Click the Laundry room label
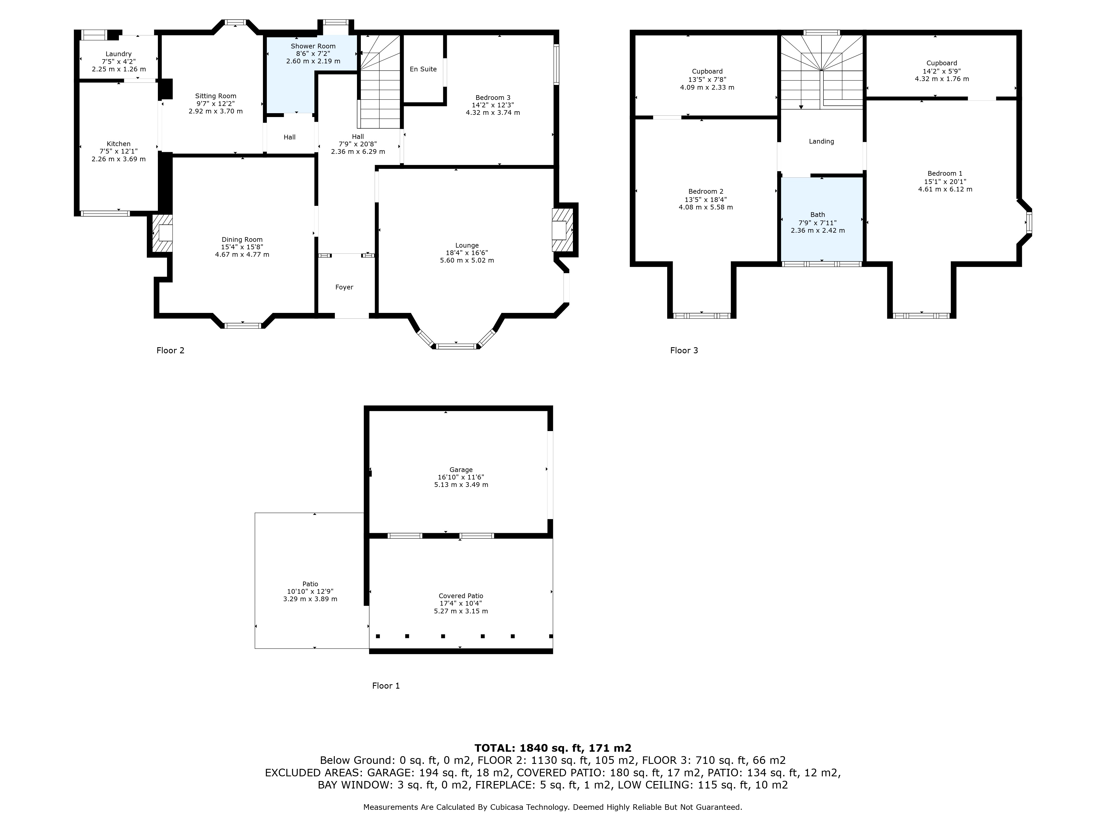pos(119,54)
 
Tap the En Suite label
pos(423,69)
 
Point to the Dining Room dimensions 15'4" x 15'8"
pos(242,247)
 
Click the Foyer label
pos(344,287)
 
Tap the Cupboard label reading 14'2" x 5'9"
pos(941,71)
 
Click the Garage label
pos(460,470)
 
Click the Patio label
pos(310,584)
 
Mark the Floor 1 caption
pos(385,686)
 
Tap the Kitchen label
pos(119,144)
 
